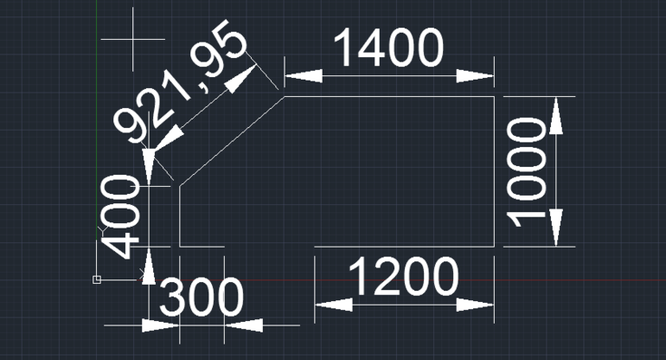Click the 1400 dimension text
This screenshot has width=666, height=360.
pos(388,48)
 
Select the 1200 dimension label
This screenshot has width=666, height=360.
pos(404,276)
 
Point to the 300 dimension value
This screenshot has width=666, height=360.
pos(202,297)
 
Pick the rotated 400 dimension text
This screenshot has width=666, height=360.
pos(119,216)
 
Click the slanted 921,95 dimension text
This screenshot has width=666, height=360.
pos(179,80)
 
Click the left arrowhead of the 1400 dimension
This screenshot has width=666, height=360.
pos(304,76)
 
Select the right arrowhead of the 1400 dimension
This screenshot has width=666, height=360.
pos(476,76)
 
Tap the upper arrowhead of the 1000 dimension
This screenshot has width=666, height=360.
pos(556,115)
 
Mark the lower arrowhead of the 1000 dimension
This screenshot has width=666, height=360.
pos(556,228)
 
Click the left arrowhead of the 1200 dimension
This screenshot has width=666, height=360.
pos(334,305)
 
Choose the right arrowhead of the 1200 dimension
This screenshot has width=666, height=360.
pos(476,305)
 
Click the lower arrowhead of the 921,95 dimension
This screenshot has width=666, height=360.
pos(168,138)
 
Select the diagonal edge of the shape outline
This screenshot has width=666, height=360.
pos(232,141)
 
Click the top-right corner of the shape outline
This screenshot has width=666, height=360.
pos(494,96)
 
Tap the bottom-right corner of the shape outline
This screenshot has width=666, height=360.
pos(494,246)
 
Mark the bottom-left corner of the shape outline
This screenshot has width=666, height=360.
pos(180,246)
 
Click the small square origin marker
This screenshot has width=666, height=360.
pos(97,280)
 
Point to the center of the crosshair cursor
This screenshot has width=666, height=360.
pos(133,39)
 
